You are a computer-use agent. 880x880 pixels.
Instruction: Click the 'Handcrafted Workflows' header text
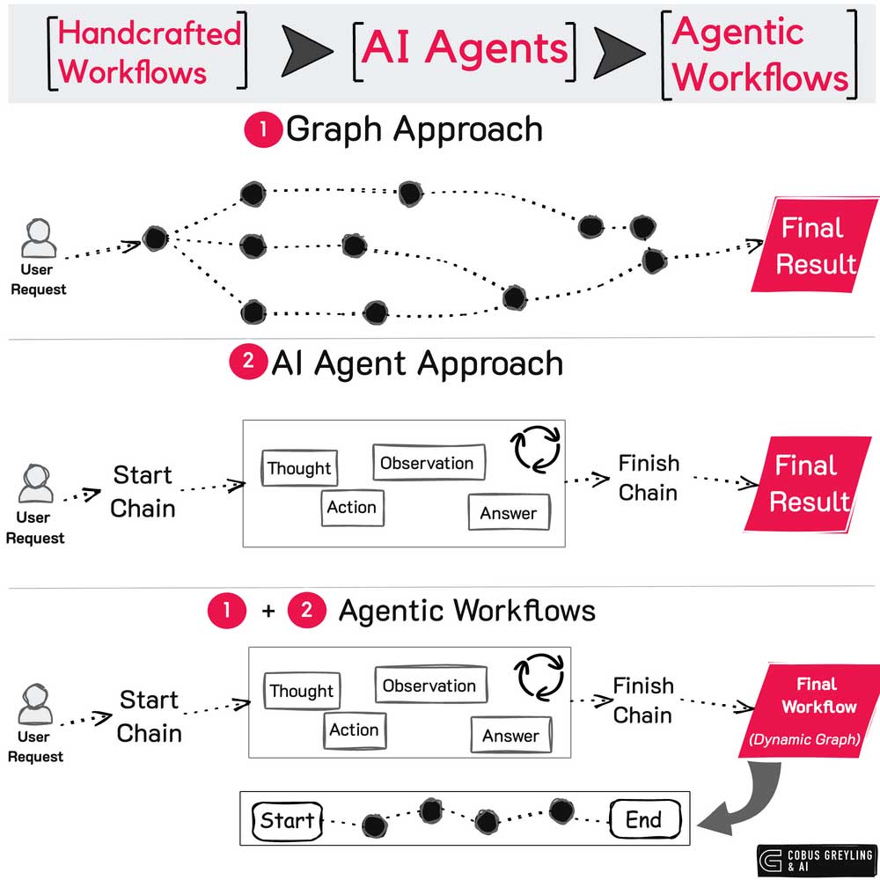pos(148,52)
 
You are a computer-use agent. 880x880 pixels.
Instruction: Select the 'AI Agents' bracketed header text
pos(465,48)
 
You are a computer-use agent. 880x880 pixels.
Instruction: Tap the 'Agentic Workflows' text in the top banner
pos(759,54)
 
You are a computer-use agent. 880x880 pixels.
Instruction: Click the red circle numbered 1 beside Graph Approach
pos(261,130)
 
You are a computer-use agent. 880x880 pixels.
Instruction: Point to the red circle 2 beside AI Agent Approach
pos(247,363)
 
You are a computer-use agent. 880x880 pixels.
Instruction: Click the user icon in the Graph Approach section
pos(39,238)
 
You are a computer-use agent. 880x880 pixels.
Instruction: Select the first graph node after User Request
pos(155,238)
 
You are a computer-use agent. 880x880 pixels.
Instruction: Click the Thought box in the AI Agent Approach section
pos(299,468)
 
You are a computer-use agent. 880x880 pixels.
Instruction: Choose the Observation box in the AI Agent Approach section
pos(427,463)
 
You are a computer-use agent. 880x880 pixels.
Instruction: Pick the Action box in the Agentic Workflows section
pos(353,730)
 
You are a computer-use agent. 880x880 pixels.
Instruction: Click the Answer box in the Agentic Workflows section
pos(510,736)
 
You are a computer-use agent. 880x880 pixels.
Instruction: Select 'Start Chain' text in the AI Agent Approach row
pos(143,492)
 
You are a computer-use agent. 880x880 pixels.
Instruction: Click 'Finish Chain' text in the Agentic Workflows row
pos(643,700)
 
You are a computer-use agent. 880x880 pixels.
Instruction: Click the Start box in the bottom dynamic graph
pos(287,821)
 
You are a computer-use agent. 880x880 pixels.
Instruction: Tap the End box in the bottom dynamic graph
pos(644,820)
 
